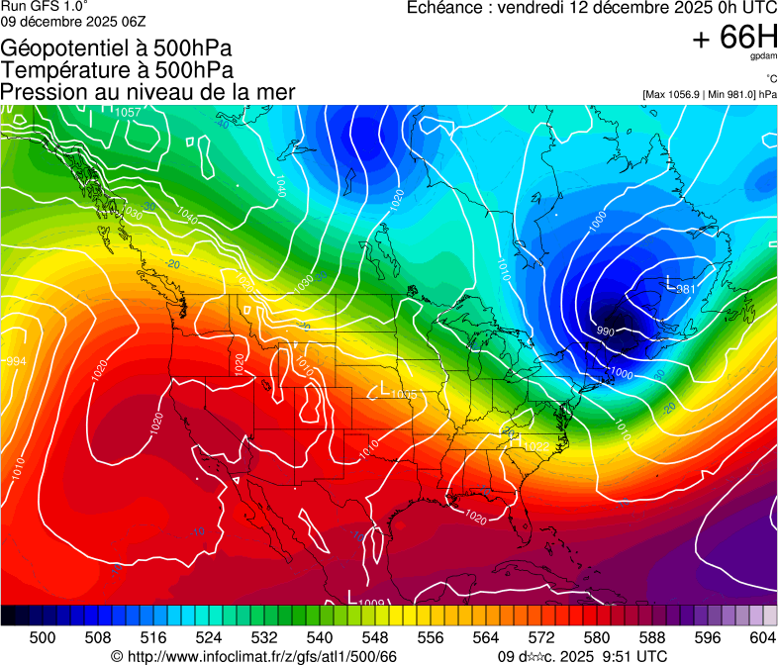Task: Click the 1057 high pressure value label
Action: (x=128, y=113)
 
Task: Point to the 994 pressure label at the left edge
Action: (x=16, y=362)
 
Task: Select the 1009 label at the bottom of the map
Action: (x=371, y=602)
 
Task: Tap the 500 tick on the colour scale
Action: (x=43, y=638)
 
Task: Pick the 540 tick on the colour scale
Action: (x=320, y=638)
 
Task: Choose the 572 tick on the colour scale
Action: (x=541, y=638)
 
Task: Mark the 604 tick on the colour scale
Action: (x=763, y=638)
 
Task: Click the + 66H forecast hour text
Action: (x=734, y=38)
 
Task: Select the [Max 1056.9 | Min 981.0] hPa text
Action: (x=710, y=95)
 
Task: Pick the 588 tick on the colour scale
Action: (x=652, y=638)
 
